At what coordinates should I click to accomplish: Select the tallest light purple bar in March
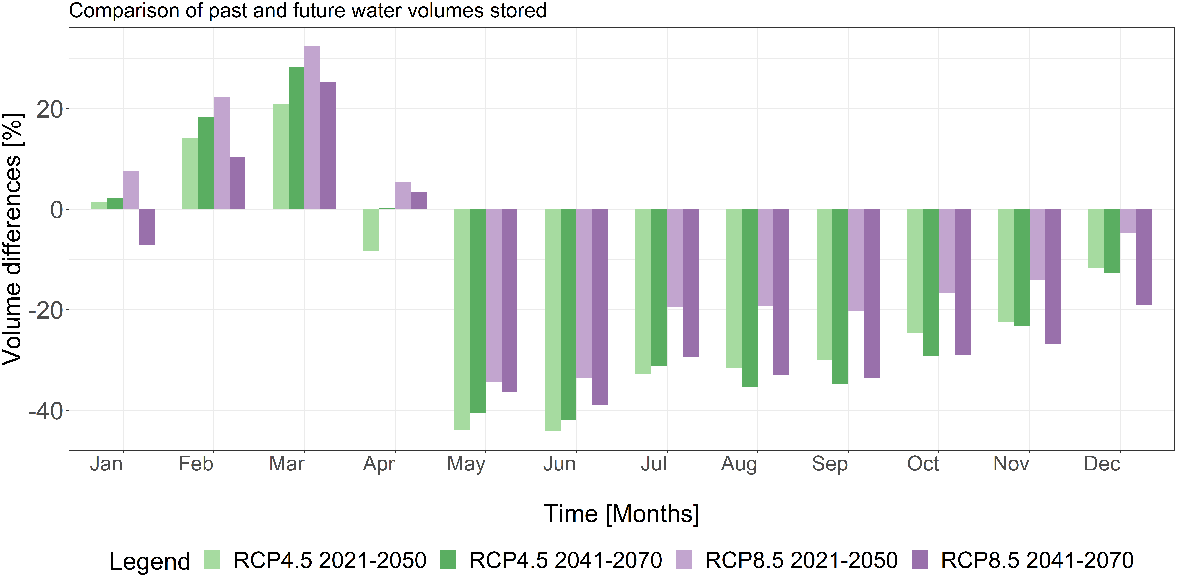pyautogui.click(x=312, y=128)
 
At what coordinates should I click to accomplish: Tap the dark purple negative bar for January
pyautogui.click(x=147, y=227)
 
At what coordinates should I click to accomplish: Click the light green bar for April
pyautogui.click(x=371, y=230)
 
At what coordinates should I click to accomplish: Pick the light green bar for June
pyautogui.click(x=552, y=320)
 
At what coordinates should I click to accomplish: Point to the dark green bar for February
pyautogui.click(x=206, y=163)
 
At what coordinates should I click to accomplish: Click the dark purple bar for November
pyautogui.click(x=1053, y=276)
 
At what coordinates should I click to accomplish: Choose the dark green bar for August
pyautogui.click(x=749, y=298)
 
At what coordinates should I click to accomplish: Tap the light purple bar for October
pyautogui.click(x=947, y=251)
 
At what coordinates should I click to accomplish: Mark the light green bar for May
pyautogui.click(x=462, y=319)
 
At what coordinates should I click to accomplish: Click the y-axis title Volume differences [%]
pyautogui.click(x=13, y=238)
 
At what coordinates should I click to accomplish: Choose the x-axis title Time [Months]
pyautogui.click(x=621, y=514)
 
